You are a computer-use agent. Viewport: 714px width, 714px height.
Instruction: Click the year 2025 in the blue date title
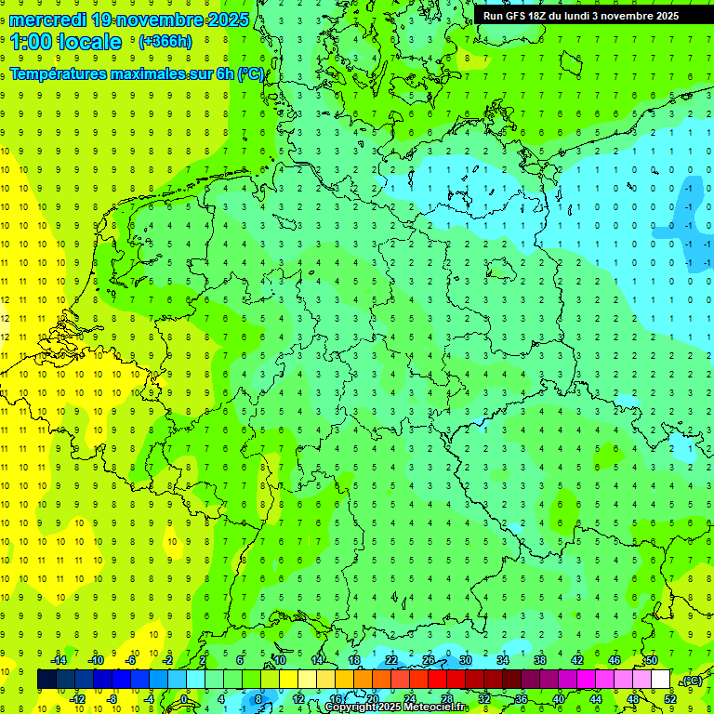222,20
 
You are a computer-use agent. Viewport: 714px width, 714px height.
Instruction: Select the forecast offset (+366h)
165,42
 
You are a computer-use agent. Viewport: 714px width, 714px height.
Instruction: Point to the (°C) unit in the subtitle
251,73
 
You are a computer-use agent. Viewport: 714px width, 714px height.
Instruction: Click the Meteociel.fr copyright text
395,707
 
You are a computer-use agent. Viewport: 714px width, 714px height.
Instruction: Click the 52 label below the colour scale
670,698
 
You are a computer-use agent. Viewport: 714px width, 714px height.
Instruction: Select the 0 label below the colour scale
185,698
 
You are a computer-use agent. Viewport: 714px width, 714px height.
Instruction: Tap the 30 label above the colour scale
465,660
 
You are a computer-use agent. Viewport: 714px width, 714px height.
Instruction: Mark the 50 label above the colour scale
651,660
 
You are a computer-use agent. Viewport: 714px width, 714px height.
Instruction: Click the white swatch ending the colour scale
660,680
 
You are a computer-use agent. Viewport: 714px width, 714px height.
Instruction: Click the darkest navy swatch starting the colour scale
46,680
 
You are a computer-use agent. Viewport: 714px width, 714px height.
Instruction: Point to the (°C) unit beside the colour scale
692,681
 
